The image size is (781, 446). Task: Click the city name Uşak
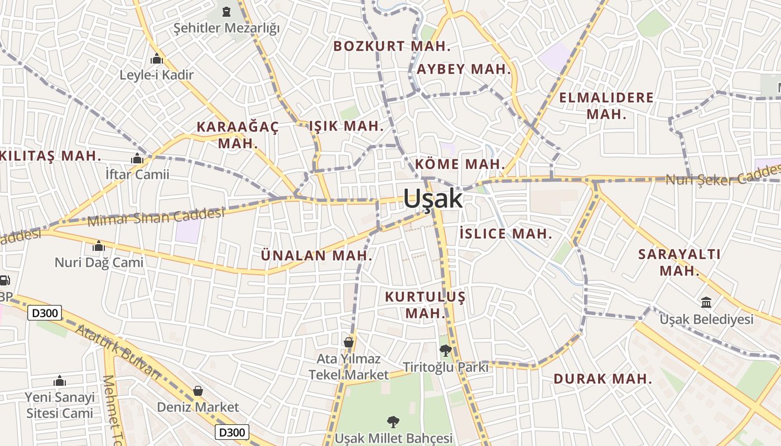tap(432, 198)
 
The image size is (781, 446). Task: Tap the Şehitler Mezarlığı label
tap(226, 28)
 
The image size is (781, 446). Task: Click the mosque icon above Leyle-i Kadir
tap(157, 59)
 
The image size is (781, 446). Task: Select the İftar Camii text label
tap(137, 174)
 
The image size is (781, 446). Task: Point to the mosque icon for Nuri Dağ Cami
tap(99, 246)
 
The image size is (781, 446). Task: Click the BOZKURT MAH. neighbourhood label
tap(392, 46)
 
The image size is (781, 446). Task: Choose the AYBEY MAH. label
tap(464, 69)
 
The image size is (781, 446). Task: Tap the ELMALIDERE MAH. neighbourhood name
tap(606, 106)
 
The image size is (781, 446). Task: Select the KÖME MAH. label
tap(460, 164)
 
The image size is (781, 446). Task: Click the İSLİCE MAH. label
tap(506, 234)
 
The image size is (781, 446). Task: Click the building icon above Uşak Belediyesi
tap(706, 303)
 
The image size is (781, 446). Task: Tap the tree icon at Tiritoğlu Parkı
tap(445, 351)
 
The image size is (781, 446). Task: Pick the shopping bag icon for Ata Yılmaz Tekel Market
tap(349, 341)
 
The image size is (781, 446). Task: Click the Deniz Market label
tap(197, 407)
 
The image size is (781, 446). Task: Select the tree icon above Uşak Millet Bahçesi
tap(393, 421)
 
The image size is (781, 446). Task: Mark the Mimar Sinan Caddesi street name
tap(156, 216)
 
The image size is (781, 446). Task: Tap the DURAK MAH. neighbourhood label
tap(602, 379)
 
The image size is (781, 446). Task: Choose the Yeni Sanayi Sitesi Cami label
tap(60, 405)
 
